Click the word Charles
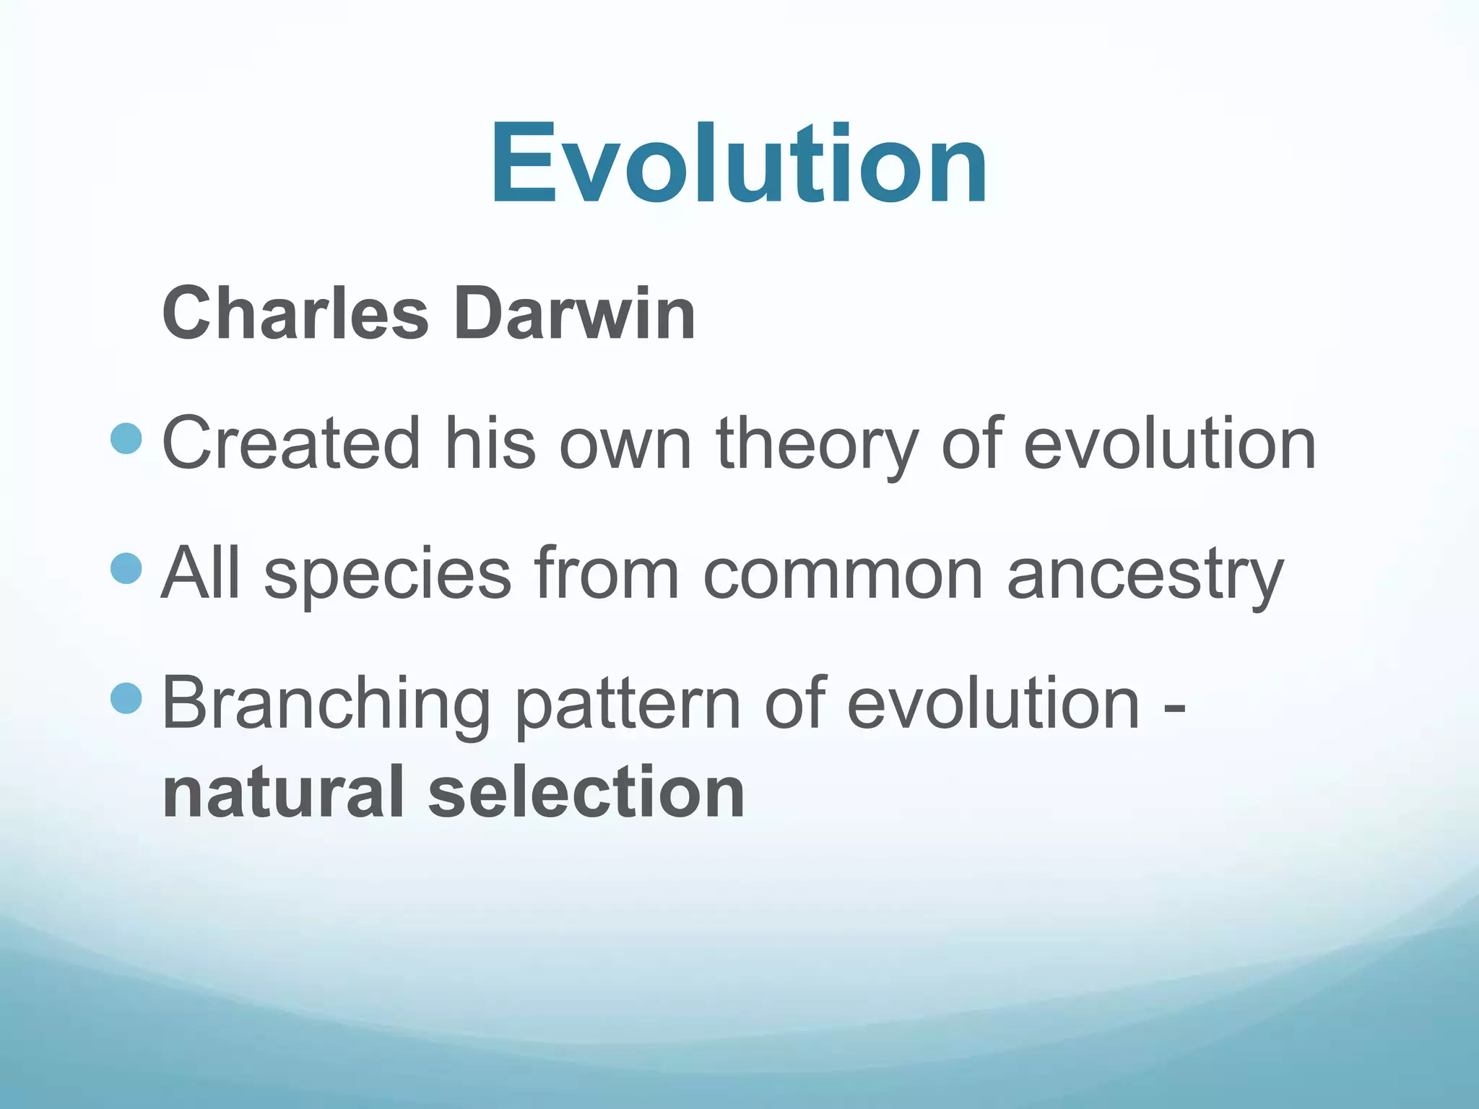coord(295,314)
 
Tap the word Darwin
coord(574,314)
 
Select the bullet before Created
coord(127,438)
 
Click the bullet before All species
coord(127,568)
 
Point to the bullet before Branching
coord(127,698)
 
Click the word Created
coord(291,443)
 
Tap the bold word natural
coord(284,792)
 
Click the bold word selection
coord(586,792)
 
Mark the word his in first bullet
coord(490,443)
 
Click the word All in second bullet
coord(200,573)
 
